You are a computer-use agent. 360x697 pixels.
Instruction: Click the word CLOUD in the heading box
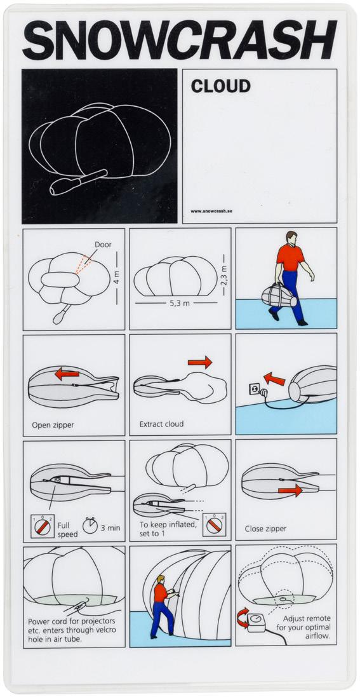[x=220, y=86]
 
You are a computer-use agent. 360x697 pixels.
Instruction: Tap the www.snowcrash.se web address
[x=211, y=211]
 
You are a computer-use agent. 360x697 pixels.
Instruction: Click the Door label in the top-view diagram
[x=103, y=245]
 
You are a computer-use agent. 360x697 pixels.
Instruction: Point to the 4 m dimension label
[x=117, y=278]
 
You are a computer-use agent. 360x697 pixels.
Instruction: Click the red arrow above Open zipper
[x=67, y=374]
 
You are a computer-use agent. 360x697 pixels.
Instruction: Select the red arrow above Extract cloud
[x=200, y=362]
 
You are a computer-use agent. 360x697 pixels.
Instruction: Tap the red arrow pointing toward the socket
[x=274, y=379]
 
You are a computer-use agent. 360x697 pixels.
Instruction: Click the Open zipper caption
[x=53, y=425]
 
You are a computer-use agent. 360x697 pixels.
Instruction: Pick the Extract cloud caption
[x=161, y=424]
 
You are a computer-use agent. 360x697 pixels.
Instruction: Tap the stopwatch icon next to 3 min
[x=90, y=525]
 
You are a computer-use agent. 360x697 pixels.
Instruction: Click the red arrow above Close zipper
[x=290, y=491]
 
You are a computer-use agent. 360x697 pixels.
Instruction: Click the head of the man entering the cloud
[x=160, y=579]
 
